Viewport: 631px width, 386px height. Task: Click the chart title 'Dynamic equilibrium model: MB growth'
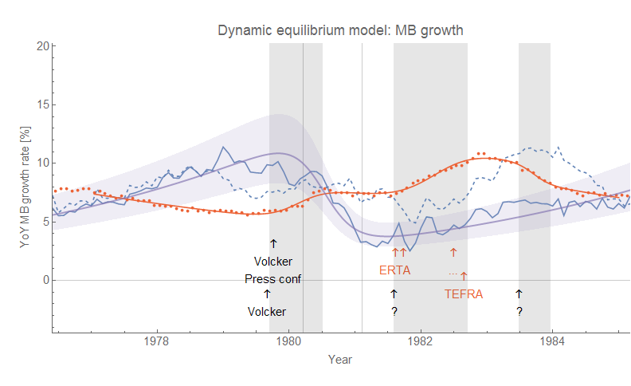341,30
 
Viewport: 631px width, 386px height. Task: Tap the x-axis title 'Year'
340,360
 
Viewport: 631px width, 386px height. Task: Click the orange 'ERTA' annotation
394,270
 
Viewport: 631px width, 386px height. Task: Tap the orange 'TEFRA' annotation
462,293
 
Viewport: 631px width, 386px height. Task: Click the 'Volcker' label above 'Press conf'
273,262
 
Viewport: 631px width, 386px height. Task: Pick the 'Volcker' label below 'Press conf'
266,312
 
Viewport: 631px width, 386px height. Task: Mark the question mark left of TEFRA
394,312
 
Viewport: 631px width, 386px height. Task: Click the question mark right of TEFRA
519,312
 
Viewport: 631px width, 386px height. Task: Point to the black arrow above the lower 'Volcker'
267,294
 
